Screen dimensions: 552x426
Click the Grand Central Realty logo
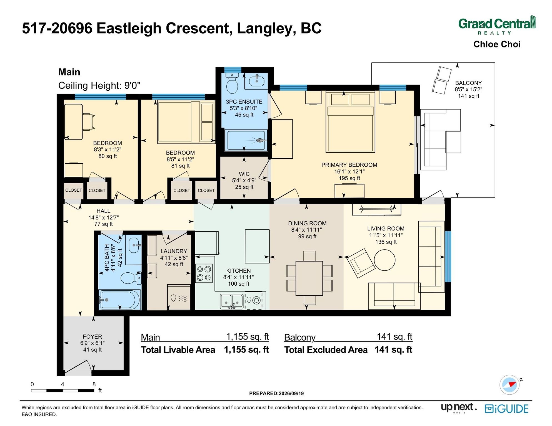(497, 25)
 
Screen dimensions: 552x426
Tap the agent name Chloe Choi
(497, 44)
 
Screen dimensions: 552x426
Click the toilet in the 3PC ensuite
(232, 83)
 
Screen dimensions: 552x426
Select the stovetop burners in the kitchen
(204, 273)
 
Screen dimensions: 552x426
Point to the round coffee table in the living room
(385, 260)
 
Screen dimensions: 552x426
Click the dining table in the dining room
(309, 278)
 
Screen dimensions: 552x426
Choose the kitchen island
(257, 246)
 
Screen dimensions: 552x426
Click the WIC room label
(244, 174)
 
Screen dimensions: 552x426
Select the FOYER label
(93, 337)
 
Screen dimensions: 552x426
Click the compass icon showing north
(510, 385)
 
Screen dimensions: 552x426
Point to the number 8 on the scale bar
(94, 384)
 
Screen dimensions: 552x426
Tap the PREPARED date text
(276, 393)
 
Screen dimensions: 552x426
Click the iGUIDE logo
(507, 409)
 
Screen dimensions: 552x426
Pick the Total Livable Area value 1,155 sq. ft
(246, 350)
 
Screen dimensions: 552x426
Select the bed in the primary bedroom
(350, 122)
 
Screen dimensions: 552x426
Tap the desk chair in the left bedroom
(88, 122)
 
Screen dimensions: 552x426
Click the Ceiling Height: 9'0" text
(99, 85)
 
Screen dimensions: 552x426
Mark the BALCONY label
(468, 83)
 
